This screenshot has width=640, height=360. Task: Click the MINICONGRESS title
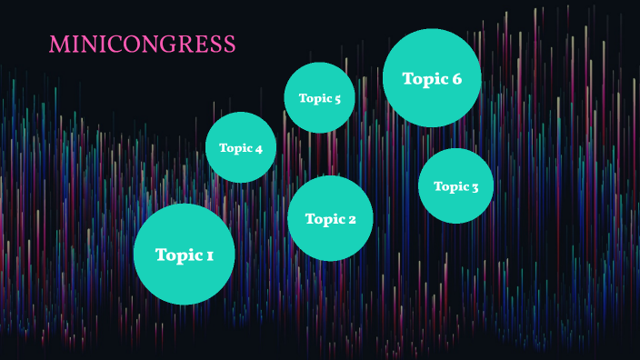[143, 45]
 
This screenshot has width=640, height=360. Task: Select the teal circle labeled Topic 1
[184, 255]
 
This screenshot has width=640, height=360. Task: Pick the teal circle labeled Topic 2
[330, 218]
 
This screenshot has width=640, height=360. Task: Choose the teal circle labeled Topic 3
[455, 186]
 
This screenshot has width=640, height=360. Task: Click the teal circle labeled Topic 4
[241, 147]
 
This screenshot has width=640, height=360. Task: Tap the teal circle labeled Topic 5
[319, 98]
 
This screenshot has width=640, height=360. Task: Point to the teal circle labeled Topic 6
[432, 78]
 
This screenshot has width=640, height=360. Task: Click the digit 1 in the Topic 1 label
[209, 255]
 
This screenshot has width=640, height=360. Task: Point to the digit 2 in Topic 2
[351, 219]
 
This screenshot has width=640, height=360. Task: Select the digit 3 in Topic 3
[475, 187]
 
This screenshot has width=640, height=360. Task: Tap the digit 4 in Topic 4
[258, 148]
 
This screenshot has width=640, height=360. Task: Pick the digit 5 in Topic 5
[336, 99]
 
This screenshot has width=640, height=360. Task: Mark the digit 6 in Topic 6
[455, 79]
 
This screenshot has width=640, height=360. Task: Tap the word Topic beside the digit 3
[449, 187]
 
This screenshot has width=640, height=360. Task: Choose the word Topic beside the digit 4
[235, 148]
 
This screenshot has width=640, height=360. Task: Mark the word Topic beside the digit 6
[424, 79]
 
